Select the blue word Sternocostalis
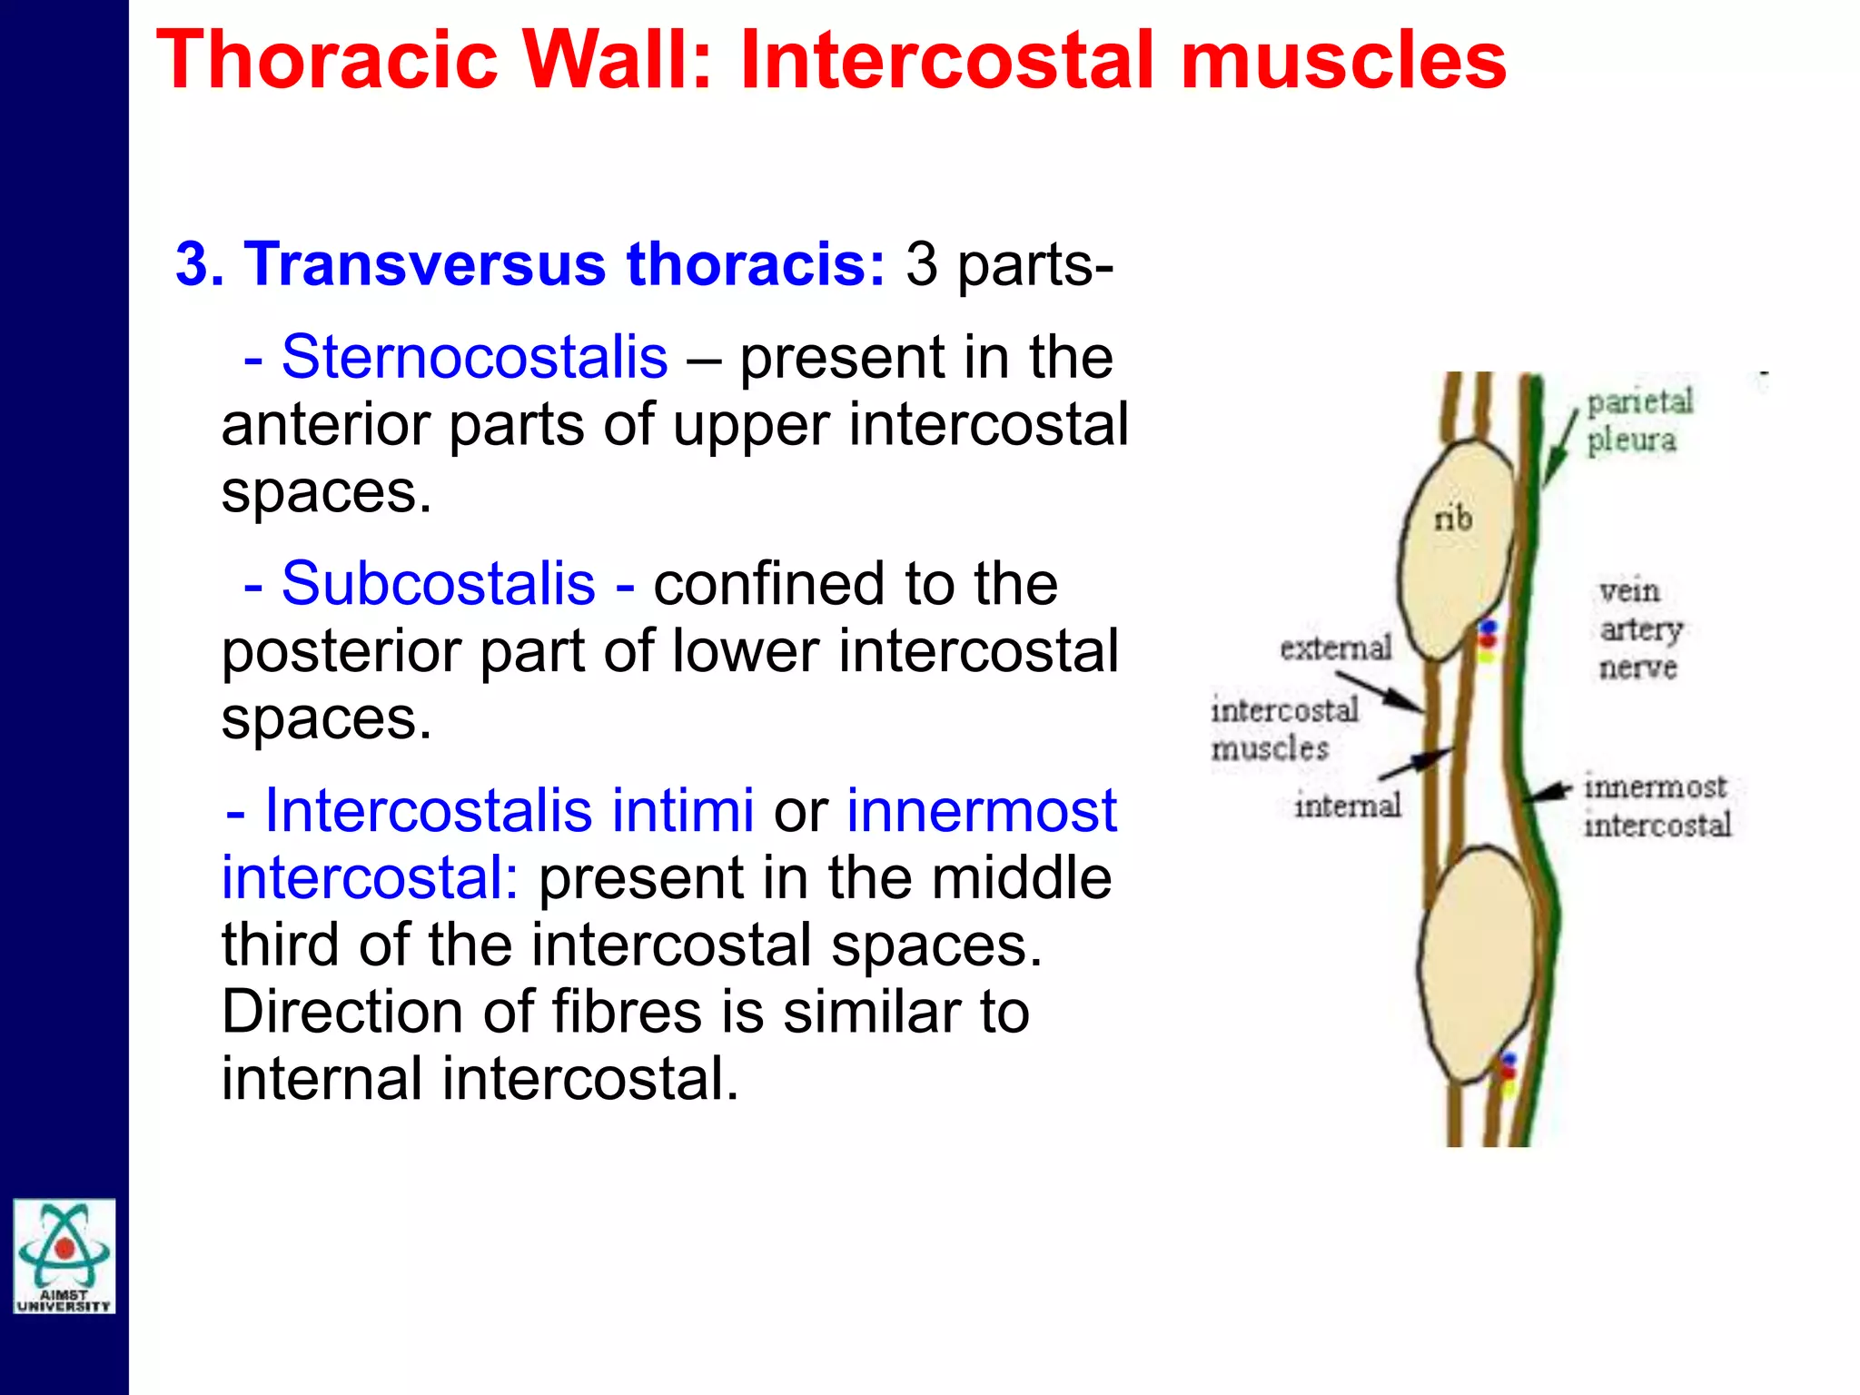(474, 357)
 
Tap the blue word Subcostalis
(438, 583)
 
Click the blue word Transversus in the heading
(425, 264)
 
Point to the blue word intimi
(682, 809)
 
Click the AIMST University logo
(64, 1256)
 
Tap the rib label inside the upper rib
(1452, 519)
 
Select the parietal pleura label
(1638, 420)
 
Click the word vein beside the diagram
(1629, 591)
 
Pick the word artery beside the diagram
(1640, 629)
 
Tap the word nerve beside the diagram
(1637, 668)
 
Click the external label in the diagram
(1335, 648)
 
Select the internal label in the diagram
(1348, 805)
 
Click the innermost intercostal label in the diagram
(1657, 806)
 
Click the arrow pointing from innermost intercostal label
(1548, 792)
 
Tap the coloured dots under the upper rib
(1487, 640)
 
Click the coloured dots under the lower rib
(1508, 1073)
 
